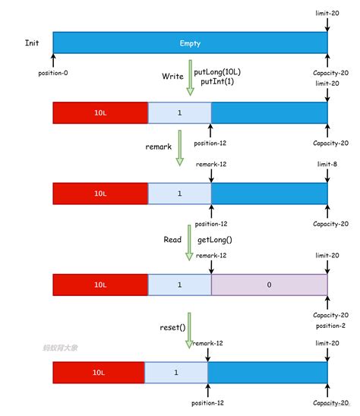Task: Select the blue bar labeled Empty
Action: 190,43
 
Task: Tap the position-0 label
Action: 53,73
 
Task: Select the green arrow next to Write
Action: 190,79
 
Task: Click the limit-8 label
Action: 327,164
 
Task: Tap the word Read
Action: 172,239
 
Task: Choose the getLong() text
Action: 215,239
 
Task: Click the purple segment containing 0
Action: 270,285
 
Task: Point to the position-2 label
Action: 331,326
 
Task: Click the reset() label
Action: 172,327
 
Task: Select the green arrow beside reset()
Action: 189,331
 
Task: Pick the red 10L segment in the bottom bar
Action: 99,373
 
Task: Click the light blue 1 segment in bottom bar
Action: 175,373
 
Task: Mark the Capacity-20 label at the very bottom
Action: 331,403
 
